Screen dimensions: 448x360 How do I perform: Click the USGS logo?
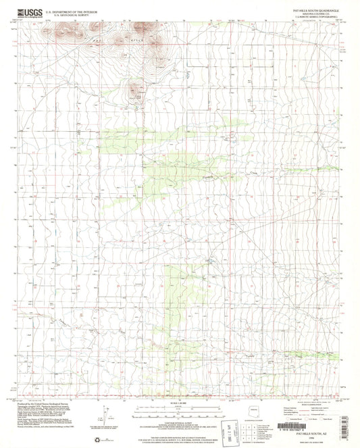click(x=21, y=12)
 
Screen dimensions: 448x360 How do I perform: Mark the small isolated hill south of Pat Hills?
click(x=136, y=89)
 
